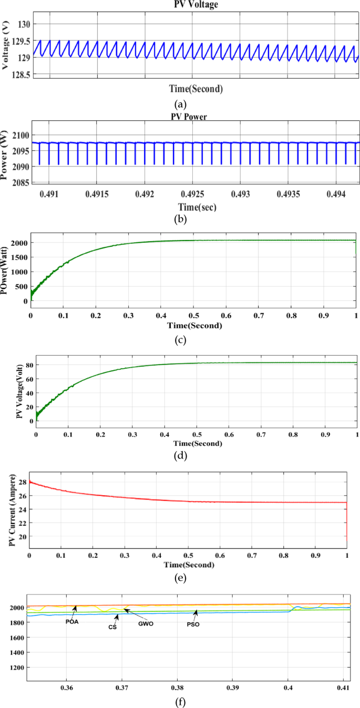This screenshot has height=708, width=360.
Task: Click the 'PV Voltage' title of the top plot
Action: (196, 5)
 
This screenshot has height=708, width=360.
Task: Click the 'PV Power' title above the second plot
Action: (190, 117)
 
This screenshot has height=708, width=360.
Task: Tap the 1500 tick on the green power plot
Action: (21, 258)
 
